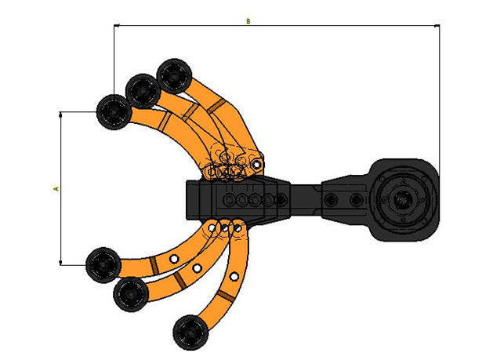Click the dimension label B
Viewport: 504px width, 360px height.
click(248, 21)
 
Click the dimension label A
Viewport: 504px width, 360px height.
click(56, 188)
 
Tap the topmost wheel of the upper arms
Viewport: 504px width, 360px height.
click(174, 76)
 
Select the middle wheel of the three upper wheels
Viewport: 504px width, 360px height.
click(143, 91)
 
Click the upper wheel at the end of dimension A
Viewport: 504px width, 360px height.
click(114, 112)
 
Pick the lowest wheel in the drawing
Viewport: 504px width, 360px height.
click(190, 333)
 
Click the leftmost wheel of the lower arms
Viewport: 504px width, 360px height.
click(103, 265)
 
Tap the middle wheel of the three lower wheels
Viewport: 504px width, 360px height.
click(131, 294)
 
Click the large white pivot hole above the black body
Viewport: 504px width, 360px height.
click(256, 165)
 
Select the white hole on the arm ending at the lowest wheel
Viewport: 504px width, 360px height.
click(234, 276)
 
